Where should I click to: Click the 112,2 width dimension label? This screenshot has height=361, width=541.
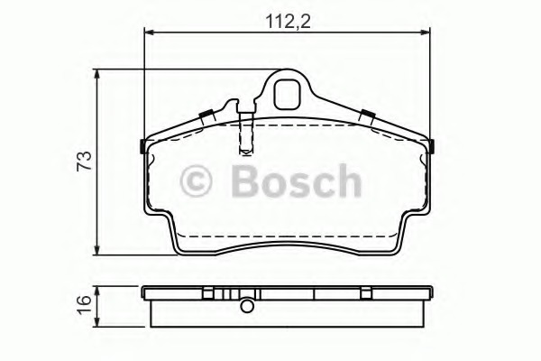pos(289,22)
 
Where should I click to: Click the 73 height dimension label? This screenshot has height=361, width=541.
pos(85,161)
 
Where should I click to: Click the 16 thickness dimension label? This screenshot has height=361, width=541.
pos(85,305)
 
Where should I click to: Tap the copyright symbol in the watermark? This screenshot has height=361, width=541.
pos(196,181)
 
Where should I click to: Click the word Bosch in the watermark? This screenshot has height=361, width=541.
pos(297,180)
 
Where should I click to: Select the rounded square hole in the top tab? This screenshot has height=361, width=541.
pos(287,94)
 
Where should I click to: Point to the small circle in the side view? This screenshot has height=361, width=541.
pos(247,306)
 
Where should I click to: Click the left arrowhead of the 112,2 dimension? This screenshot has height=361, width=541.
pos(149,32)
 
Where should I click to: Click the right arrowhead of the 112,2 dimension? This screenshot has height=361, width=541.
pos(426,32)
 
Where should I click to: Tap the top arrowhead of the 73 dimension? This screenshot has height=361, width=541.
pos(97,74)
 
